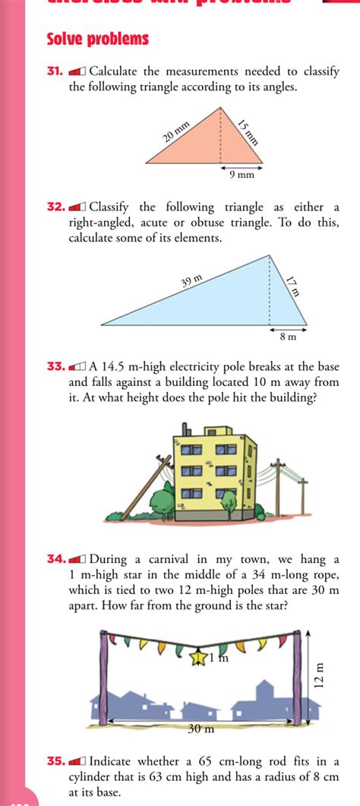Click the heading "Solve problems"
98,39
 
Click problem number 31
54,72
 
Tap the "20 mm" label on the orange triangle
175,131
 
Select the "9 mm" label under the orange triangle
242,175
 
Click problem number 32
54,207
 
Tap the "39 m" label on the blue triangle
192,282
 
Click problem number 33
54,366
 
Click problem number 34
54,559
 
